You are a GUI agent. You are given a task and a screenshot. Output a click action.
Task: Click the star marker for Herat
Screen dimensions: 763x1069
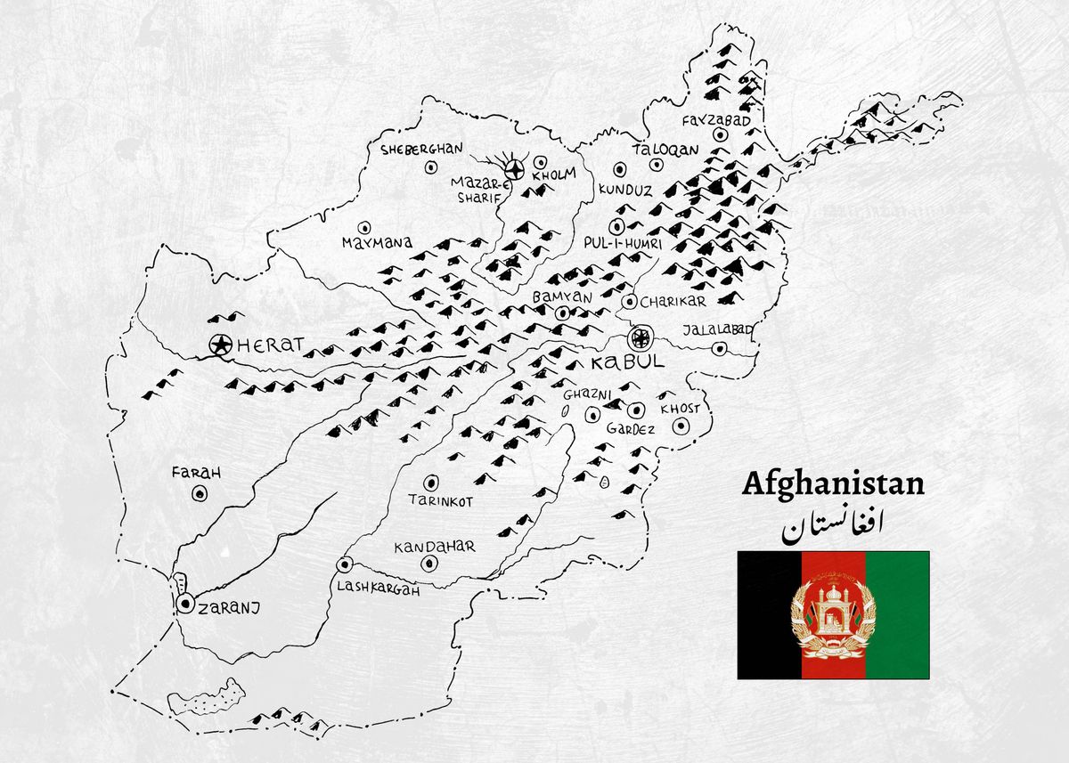tap(219, 344)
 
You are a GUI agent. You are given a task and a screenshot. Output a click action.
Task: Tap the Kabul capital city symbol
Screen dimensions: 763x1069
tap(639, 337)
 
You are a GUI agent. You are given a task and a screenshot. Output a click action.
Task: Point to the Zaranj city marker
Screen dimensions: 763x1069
tap(185, 604)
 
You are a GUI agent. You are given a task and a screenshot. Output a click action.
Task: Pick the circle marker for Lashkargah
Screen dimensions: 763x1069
tap(344, 564)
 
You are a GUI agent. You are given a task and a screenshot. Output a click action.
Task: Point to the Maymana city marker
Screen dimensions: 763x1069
tap(363, 228)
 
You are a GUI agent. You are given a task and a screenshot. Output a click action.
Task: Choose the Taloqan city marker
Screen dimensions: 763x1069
tap(657, 165)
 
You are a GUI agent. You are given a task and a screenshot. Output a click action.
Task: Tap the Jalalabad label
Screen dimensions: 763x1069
tap(717, 330)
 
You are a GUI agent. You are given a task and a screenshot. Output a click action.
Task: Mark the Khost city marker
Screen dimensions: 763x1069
tap(681, 426)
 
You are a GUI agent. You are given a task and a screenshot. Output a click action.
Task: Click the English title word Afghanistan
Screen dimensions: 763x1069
tap(833, 484)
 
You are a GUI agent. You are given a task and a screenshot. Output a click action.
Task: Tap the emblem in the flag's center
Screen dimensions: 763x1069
tap(833, 614)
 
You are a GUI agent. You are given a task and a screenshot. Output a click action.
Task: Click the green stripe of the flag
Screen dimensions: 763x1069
tap(896, 614)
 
